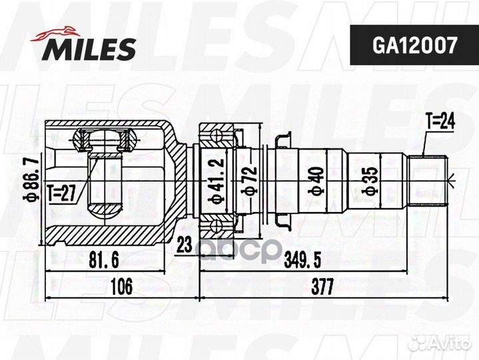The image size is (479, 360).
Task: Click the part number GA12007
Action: (x=414, y=45)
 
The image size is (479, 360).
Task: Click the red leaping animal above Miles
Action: (x=55, y=33)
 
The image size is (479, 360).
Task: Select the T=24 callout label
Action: (x=440, y=121)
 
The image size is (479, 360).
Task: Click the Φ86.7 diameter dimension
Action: (x=32, y=179)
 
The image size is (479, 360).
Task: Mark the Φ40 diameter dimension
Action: (x=316, y=180)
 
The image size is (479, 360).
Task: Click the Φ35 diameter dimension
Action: (x=370, y=180)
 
